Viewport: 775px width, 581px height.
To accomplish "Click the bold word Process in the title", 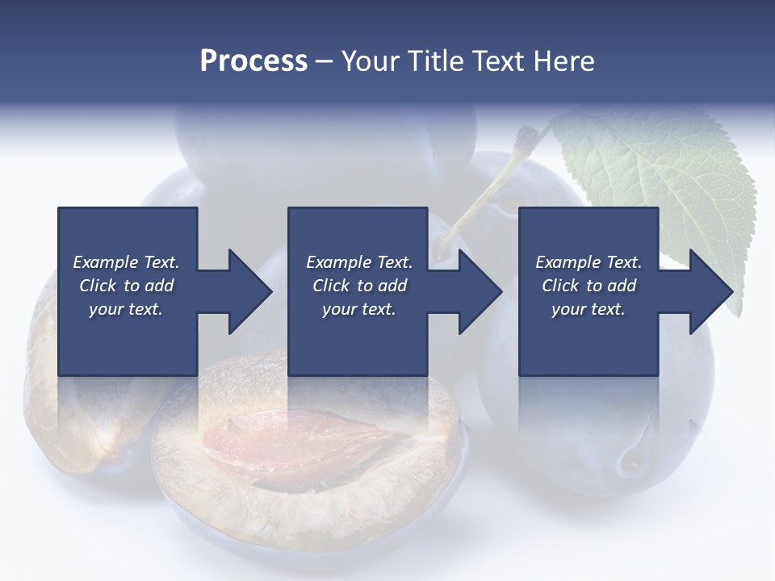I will pyautogui.click(x=253, y=61).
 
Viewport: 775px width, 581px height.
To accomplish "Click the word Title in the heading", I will pyautogui.click(x=434, y=61).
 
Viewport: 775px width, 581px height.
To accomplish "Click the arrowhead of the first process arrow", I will pyautogui.click(x=250, y=291).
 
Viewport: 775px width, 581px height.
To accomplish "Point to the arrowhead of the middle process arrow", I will pyautogui.click(x=481, y=291).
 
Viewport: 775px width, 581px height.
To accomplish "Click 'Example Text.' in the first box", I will pyautogui.click(x=126, y=262).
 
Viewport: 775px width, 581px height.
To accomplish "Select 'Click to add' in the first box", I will pyautogui.click(x=126, y=286).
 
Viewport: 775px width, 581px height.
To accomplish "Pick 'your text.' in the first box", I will pyautogui.click(x=126, y=309).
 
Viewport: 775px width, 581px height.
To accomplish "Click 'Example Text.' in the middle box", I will pyautogui.click(x=359, y=262).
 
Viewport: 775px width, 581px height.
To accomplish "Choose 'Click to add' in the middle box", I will pyautogui.click(x=359, y=286).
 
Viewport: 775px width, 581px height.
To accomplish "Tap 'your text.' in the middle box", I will pyautogui.click(x=359, y=309).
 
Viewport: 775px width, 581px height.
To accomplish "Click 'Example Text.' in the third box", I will pyautogui.click(x=589, y=262).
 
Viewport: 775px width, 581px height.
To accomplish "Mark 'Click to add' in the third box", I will pyautogui.click(x=589, y=286).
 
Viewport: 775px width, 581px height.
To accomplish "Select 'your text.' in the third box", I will pyautogui.click(x=589, y=309).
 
